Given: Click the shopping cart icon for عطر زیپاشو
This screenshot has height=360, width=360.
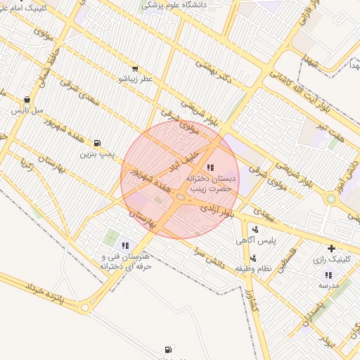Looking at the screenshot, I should point(134,70).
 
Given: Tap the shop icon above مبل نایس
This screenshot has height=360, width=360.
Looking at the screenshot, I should point(27,100).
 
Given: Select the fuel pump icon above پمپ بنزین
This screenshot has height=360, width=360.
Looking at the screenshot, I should point(96,142).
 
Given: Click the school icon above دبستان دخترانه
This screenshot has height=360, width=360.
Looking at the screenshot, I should point(211,167).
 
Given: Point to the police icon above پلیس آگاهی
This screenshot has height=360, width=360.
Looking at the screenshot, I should point(255,229).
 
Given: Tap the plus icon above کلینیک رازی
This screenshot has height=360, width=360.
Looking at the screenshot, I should point(331,248).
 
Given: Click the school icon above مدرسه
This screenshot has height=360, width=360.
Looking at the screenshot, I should point(328,275).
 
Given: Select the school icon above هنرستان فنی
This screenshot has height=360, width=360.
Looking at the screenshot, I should point(125,245).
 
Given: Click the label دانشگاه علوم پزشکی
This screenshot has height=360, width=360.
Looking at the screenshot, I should point(176,5).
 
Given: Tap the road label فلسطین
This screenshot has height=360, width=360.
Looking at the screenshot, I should point(290,266).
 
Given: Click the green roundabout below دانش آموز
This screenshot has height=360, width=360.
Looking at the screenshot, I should point(330,199).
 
